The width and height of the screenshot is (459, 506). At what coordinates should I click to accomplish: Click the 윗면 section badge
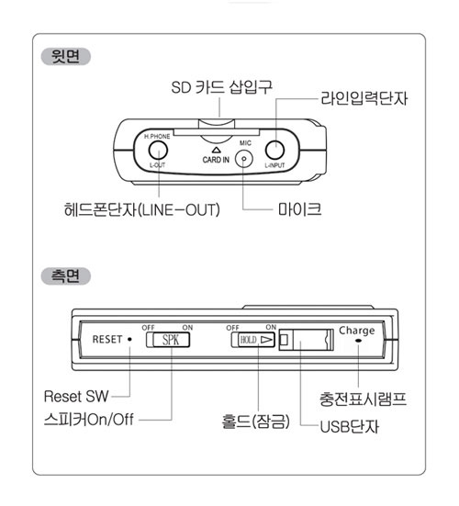66,56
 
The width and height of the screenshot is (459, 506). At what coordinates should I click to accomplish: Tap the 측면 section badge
66,276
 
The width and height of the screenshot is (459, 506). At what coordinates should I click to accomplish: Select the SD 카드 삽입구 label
221,87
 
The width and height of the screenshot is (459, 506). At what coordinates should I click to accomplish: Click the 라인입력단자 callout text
364,98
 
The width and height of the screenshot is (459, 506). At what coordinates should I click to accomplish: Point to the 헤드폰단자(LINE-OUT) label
142,209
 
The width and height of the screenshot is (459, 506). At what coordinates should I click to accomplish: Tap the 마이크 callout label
299,209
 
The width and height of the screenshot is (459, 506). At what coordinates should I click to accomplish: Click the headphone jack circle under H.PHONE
158,150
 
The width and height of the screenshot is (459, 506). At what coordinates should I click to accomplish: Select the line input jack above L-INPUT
274,150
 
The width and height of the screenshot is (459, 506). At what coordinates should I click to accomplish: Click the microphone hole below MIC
244,159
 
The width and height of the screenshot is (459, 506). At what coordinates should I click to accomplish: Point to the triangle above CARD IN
216,150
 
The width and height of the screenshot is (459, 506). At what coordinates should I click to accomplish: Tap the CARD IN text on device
216,160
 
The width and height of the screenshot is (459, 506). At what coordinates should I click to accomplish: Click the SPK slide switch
168,340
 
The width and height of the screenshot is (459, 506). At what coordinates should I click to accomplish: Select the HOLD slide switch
253,340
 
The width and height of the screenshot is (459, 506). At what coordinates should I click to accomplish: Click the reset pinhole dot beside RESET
129,339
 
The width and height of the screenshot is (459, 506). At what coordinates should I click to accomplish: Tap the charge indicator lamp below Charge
358,341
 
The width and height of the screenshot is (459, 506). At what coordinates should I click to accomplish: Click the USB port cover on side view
306,340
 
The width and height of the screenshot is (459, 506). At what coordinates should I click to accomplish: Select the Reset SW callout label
76,397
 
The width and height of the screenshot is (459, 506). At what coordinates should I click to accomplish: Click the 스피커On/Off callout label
89,419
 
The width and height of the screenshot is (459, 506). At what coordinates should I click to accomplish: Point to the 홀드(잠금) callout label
255,422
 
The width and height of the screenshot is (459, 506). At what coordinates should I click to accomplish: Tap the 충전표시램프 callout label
363,399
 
